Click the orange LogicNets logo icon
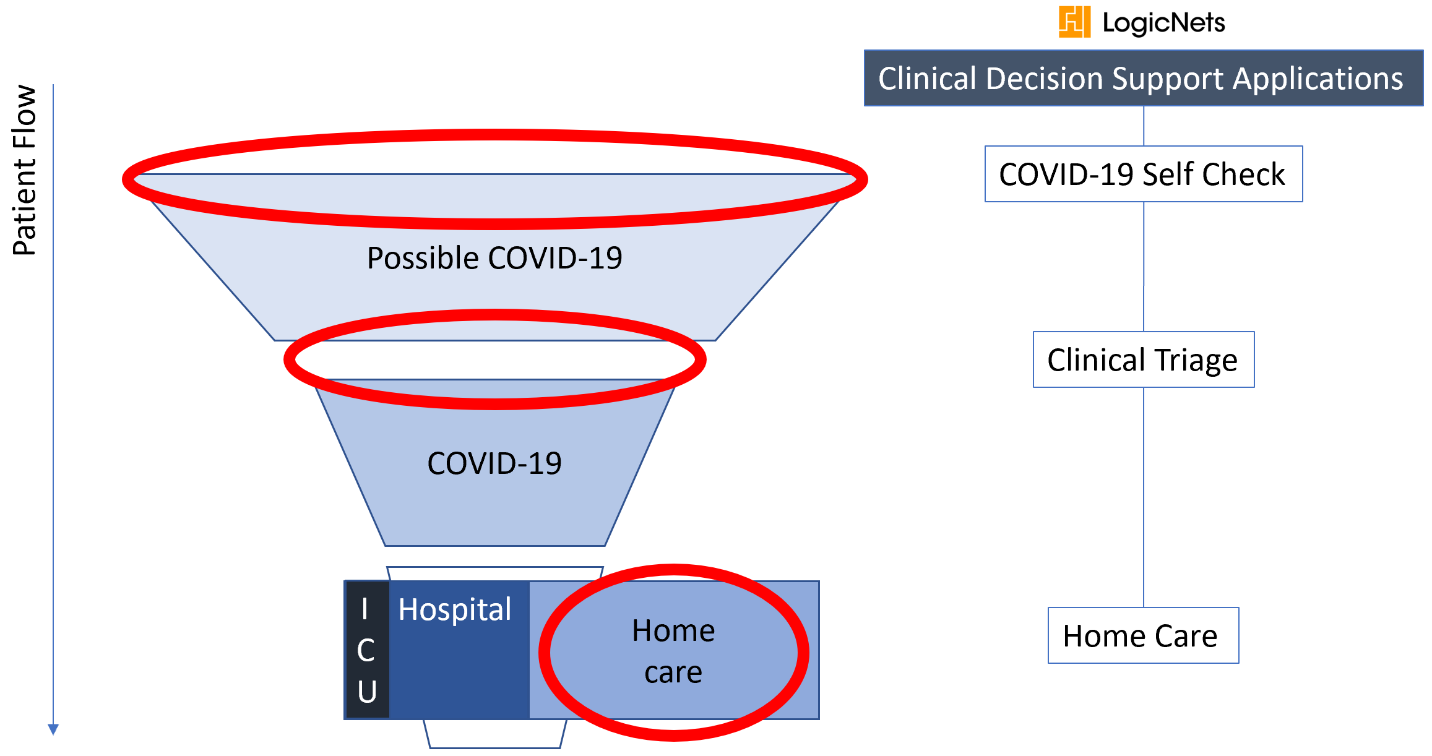(x=1074, y=22)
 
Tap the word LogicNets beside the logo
(x=1163, y=23)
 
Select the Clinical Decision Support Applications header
(x=1144, y=78)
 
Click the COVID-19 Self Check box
(x=1144, y=174)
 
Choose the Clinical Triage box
(x=1144, y=359)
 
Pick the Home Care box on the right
(x=1144, y=635)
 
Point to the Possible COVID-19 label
(x=494, y=258)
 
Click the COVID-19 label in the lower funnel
(x=494, y=463)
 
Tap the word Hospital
(x=455, y=609)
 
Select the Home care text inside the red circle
(x=673, y=651)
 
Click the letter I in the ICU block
(x=365, y=609)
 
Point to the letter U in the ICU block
(x=367, y=691)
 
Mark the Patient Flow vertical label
(x=25, y=170)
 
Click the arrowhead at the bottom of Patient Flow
(x=53, y=729)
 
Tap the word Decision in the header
(x=1045, y=79)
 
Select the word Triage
(x=1196, y=361)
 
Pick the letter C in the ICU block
(x=366, y=650)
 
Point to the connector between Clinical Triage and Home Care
(x=1144, y=497)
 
